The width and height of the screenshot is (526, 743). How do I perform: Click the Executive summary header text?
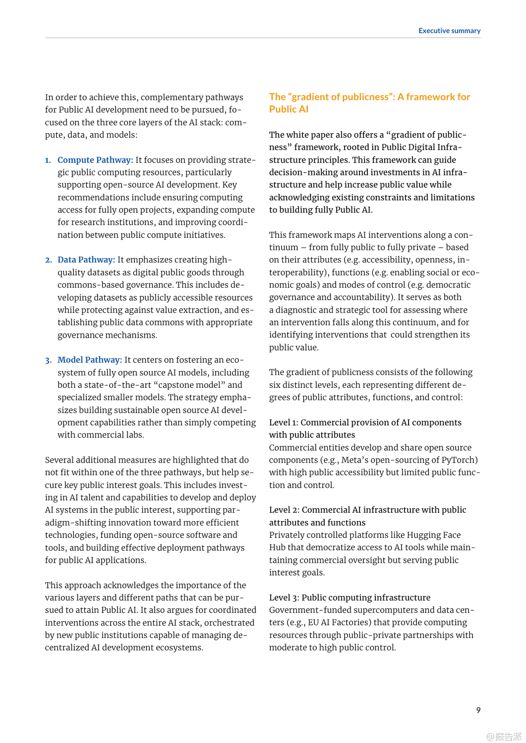(449, 31)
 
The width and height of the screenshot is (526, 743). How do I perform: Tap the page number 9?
(478, 710)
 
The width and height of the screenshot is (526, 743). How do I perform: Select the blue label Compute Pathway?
(95, 160)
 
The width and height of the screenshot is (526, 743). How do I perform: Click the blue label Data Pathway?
(86, 260)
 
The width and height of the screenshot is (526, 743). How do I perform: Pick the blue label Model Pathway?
(90, 360)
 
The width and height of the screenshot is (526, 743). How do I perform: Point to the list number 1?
(48, 160)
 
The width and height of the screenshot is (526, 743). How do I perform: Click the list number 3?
(48, 360)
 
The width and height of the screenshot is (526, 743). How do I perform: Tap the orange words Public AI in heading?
(289, 109)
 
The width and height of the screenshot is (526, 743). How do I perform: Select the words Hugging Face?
(434, 535)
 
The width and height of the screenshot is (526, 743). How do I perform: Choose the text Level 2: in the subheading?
(284, 510)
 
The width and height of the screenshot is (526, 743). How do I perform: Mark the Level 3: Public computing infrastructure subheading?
(350, 597)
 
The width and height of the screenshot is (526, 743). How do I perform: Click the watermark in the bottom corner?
(504, 736)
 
